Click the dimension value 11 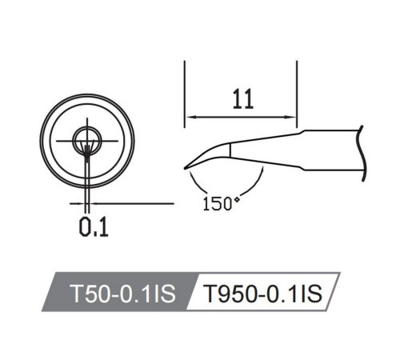(x=243, y=99)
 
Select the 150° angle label (x=222, y=202)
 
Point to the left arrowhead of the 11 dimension (x=190, y=117)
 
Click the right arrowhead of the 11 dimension (x=294, y=117)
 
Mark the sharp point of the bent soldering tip (x=186, y=167)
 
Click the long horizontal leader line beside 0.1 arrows (x=132, y=203)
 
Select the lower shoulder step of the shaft (x=302, y=169)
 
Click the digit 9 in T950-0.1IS (x=225, y=294)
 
